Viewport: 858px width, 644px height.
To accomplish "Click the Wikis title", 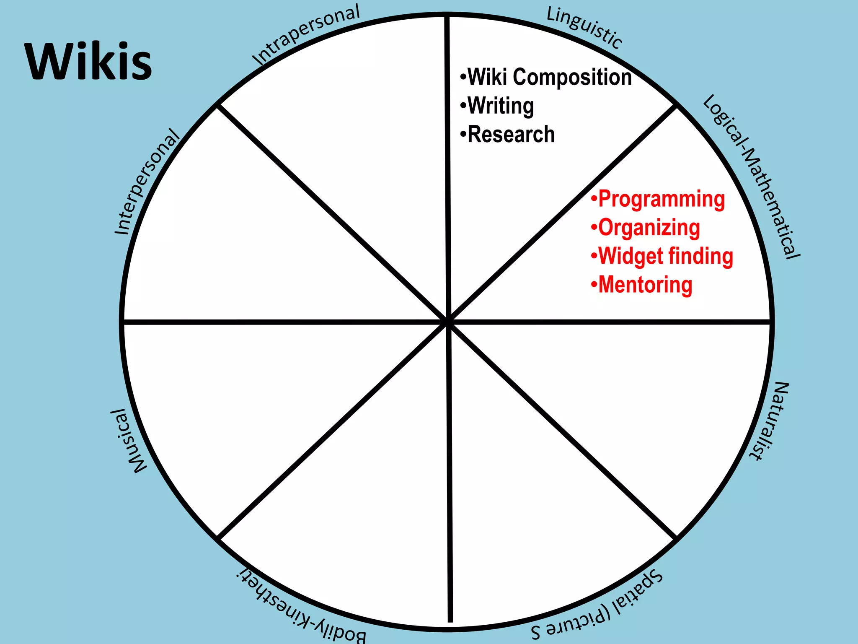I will (88, 61).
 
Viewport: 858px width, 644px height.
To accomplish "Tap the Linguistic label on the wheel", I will (584, 28).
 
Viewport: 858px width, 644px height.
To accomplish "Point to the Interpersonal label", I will (147, 182).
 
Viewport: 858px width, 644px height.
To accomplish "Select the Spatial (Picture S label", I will (597, 606).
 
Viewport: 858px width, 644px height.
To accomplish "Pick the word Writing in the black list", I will (501, 106).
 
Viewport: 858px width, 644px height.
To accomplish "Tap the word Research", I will (511, 135).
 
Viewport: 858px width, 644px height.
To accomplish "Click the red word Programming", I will (661, 199).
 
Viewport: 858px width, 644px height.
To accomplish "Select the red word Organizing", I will (649, 228).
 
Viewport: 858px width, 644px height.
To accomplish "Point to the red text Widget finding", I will (665, 256).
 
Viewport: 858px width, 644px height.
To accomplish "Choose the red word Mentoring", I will (645, 285).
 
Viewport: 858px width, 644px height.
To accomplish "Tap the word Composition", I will (572, 77).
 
